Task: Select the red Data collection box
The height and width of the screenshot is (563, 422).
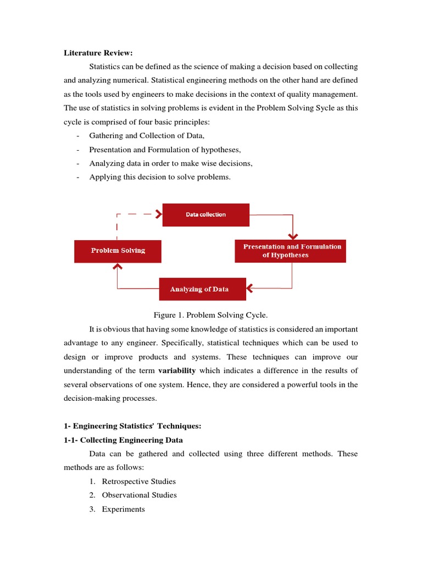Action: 206,214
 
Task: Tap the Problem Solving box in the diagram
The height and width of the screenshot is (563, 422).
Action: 118,251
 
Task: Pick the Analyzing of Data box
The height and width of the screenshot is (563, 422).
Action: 202,289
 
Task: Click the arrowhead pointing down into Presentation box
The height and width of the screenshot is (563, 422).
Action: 292,235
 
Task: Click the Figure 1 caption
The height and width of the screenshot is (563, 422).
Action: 210,315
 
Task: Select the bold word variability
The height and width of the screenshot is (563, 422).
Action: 177,370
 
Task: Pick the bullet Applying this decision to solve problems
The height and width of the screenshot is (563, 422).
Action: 160,177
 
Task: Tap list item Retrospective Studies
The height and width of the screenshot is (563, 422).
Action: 139,481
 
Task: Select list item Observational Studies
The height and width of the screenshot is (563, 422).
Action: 139,495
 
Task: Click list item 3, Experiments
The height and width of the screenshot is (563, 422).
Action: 124,509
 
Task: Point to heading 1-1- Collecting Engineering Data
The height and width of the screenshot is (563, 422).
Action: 124,440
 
